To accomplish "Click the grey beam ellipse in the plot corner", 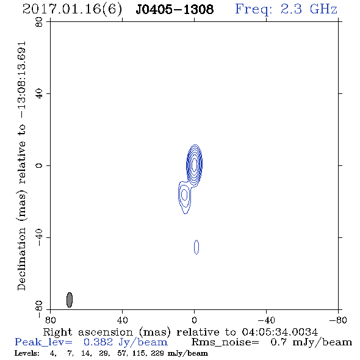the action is [x=70, y=300].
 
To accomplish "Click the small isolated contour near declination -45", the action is [x=196, y=247].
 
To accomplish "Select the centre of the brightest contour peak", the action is [x=195, y=164].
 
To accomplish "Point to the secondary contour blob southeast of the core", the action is [x=184, y=197].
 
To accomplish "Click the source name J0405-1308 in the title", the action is [x=175, y=9].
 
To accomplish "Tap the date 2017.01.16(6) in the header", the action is [x=72, y=9].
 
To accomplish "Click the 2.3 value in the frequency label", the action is [x=291, y=9].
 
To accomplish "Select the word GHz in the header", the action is [x=324, y=9].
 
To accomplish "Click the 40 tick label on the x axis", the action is [x=122, y=320].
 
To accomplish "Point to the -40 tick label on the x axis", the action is [x=266, y=320].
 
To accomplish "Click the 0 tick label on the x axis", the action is [x=194, y=320].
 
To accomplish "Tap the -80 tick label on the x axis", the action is [x=338, y=320].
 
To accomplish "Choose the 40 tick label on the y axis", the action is [x=39, y=94].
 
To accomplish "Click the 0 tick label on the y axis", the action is [x=39, y=165].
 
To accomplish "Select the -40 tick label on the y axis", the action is [x=39, y=237].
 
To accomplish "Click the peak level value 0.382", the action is [x=98, y=342].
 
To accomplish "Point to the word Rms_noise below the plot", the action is [x=225, y=342].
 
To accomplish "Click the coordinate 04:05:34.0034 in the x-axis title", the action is [x=280, y=332].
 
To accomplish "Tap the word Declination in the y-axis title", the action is [x=21, y=259].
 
